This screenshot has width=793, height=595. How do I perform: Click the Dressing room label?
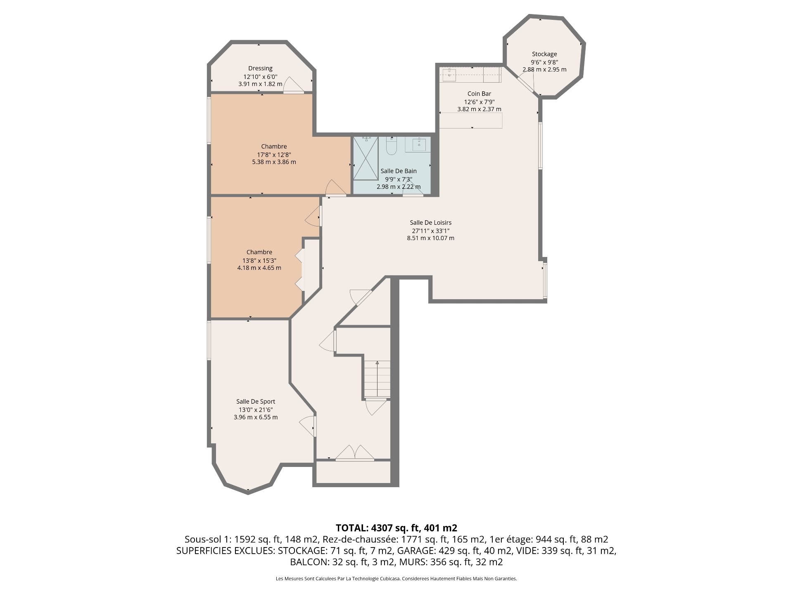[260, 68]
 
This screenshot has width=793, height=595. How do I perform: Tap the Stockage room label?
[544, 54]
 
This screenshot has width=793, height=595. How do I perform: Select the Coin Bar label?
[479, 94]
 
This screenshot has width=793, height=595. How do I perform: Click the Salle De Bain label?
[399, 171]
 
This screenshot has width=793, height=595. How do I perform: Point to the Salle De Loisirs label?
[431, 223]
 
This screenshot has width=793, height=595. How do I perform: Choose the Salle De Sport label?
[256, 402]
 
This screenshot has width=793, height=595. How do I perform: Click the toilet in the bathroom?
[391, 145]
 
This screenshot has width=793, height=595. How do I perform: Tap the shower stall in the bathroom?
[366, 158]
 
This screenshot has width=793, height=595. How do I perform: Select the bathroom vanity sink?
[418, 145]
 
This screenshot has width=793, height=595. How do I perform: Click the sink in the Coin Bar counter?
[449, 75]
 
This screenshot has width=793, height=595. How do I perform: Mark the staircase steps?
[377, 379]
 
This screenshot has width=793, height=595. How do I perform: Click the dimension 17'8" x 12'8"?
[274, 155]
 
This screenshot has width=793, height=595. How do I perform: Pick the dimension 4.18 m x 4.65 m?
[259, 268]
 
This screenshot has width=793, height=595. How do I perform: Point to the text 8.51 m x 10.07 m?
[431, 238]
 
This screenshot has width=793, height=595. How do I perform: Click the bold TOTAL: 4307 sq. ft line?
[396, 528]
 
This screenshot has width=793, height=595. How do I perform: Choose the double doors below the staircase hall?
[355, 453]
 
